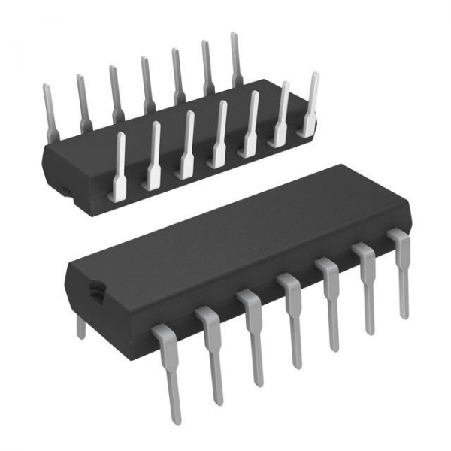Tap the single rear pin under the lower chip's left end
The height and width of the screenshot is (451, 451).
[81, 326]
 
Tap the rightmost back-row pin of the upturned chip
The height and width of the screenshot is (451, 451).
[235, 56]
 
